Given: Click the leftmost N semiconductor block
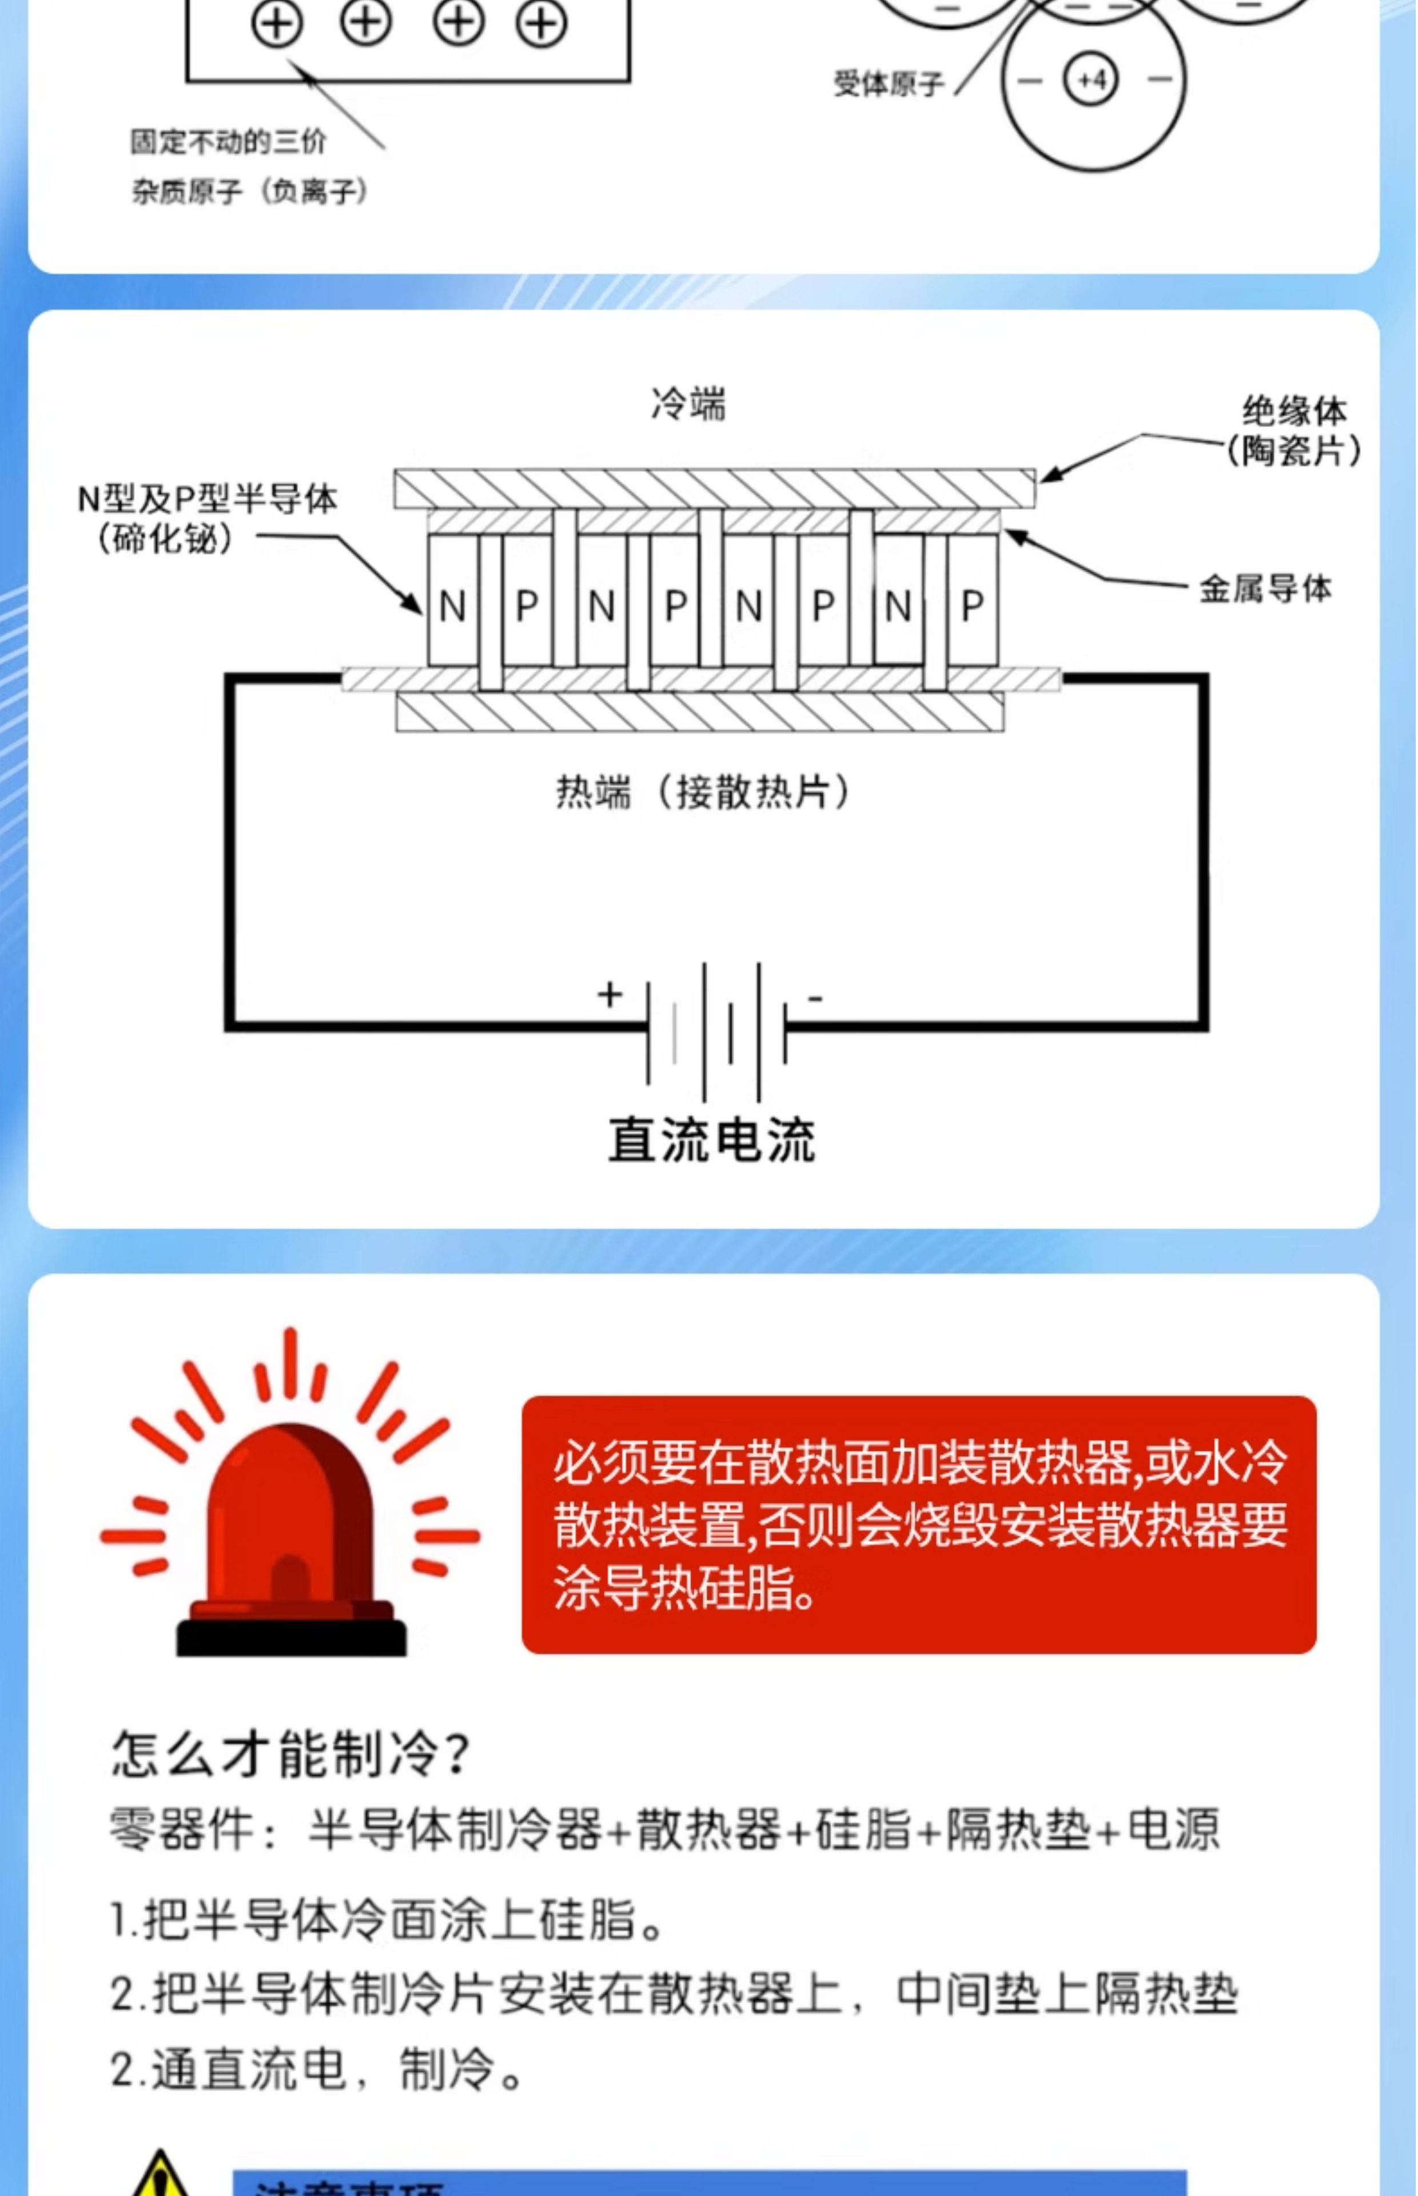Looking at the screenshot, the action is (452, 604).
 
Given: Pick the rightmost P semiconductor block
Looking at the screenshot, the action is (973, 604).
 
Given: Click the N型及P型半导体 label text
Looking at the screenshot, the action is (207, 499).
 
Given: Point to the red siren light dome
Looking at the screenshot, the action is (290, 1510).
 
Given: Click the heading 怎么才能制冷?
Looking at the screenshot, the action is (290, 1752).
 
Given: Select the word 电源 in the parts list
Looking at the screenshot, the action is (1173, 1829).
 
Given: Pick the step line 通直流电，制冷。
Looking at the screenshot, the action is (318, 2069).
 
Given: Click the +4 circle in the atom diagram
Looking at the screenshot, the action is (1091, 80).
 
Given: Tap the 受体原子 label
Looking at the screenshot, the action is (889, 85).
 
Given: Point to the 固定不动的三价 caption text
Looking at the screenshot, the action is (228, 142).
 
